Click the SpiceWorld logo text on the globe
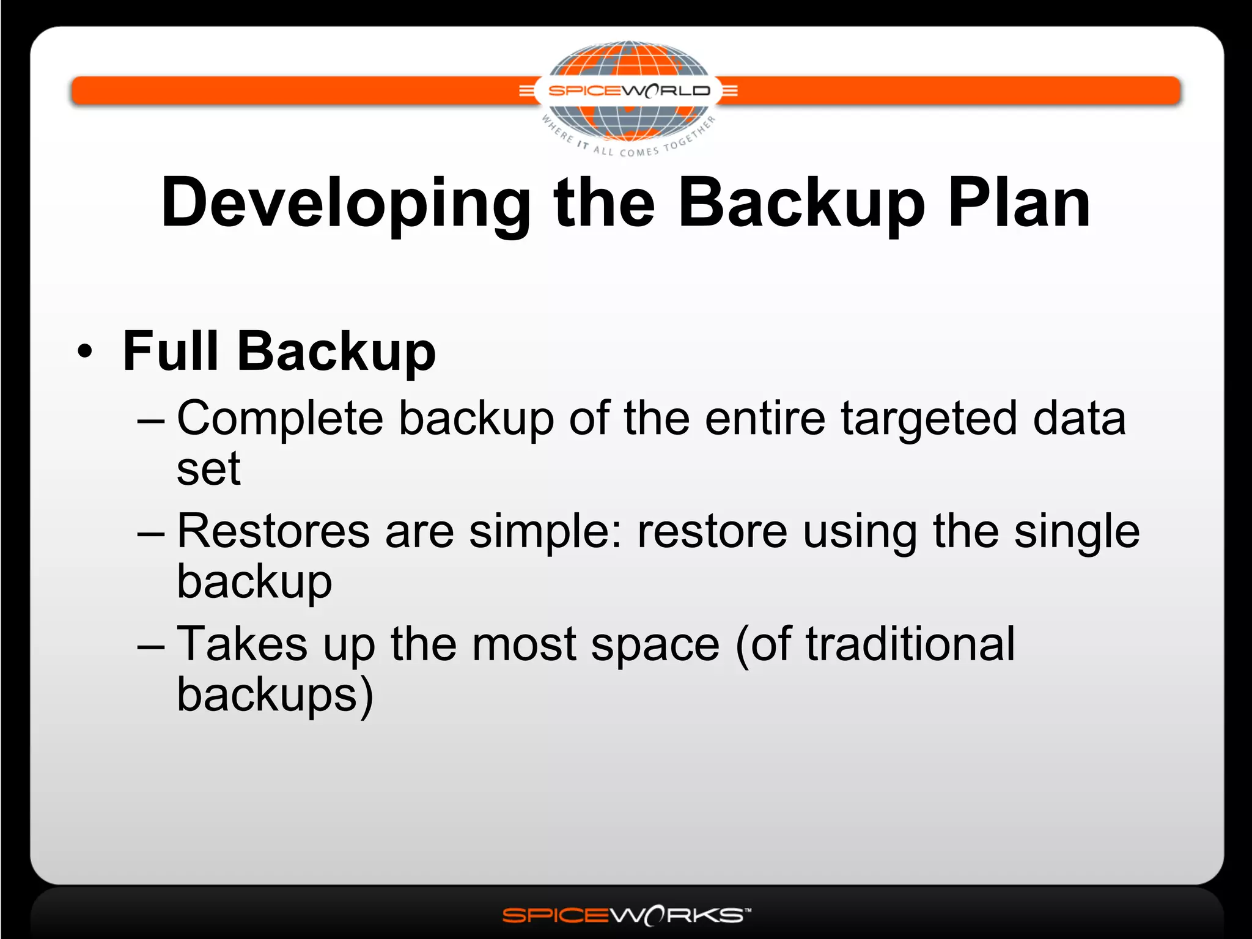(629, 91)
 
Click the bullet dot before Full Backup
(85, 352)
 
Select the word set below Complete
(208, 469)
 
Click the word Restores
(273, 531)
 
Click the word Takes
(242, 644)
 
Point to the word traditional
(910, 644)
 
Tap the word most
(524, 644)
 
